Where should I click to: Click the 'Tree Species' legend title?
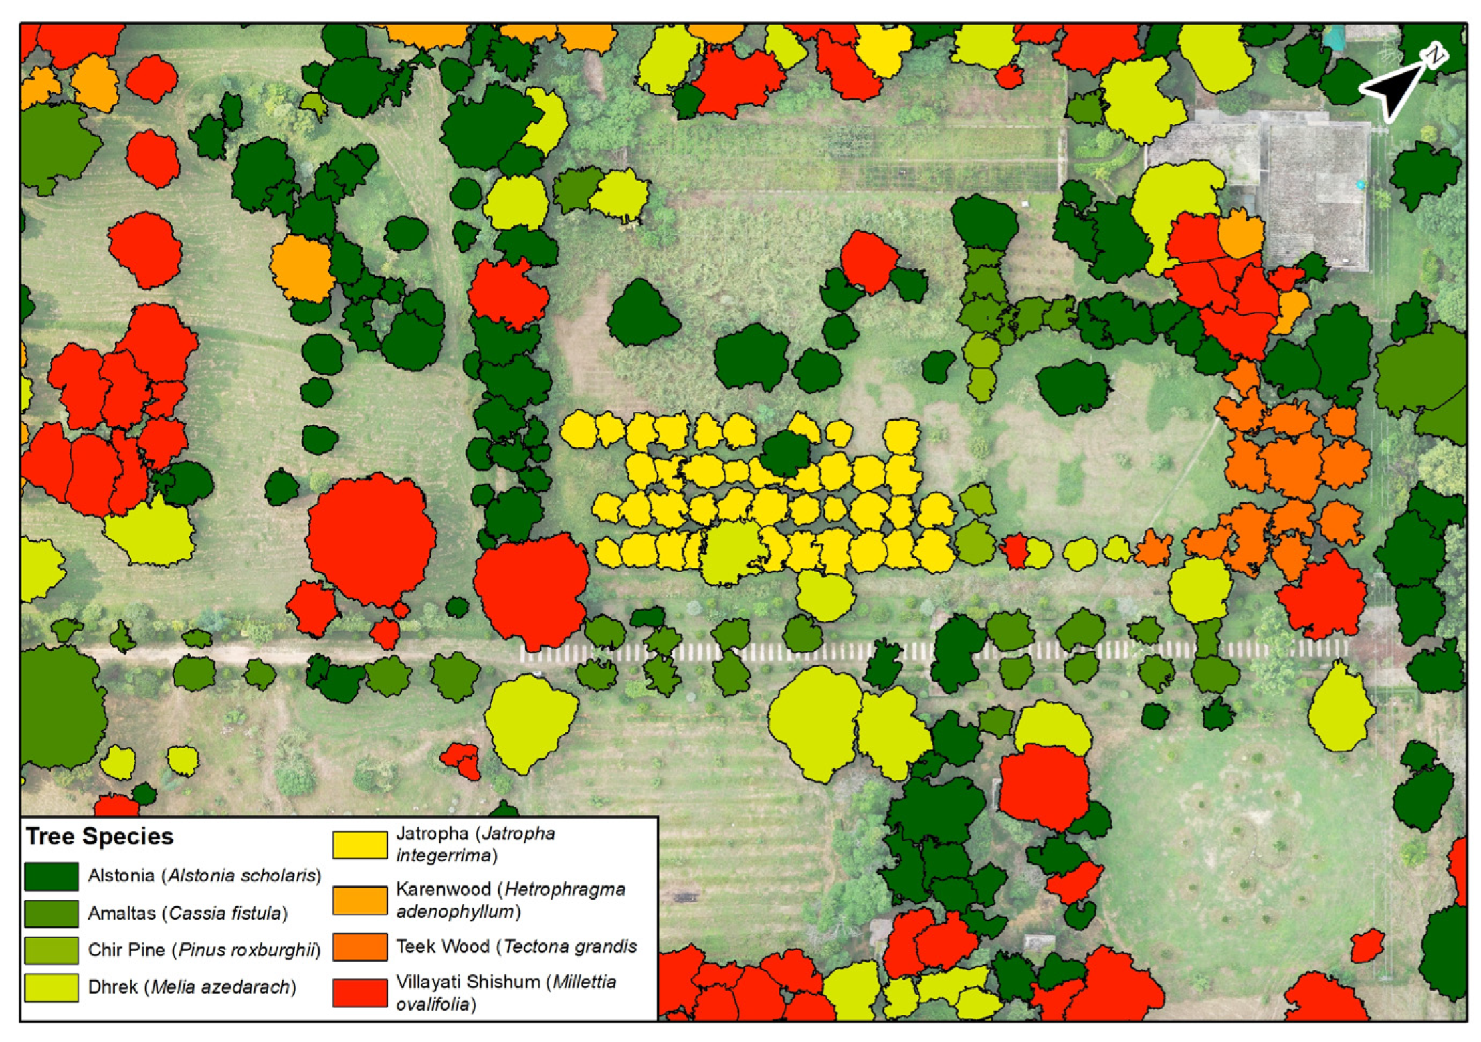tap(99, 836)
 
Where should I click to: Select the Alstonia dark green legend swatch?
tap(51, 876)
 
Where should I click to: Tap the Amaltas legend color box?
tap(51, 913)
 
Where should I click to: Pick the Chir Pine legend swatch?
tap(51, 950)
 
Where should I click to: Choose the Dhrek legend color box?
tap(51, 987)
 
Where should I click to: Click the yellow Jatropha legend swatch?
tap(360, 845)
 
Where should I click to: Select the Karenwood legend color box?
tap(360, 900)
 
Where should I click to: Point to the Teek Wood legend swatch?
tap(360, 947)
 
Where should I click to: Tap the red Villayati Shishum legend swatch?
tap(360, 993)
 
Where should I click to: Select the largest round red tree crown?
tap(371, 539)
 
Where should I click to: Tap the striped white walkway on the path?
tap(936, 650)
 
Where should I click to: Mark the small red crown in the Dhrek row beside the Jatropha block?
tap(1015, 550)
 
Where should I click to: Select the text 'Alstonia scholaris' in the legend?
tap(241, 875)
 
